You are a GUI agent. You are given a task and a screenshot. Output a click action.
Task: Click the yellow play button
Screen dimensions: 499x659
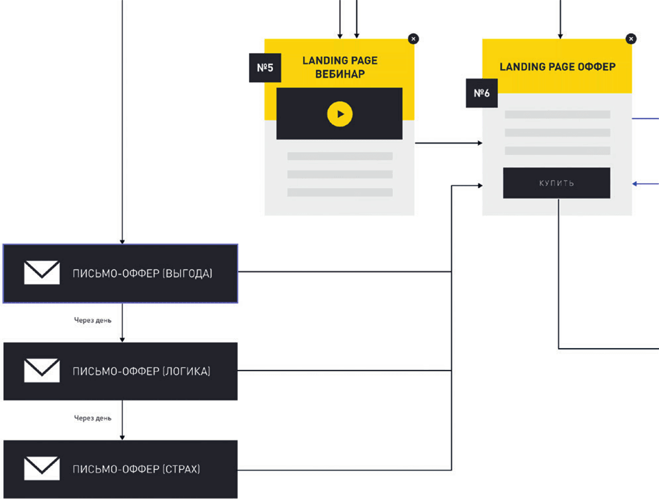click(x=340, y=114)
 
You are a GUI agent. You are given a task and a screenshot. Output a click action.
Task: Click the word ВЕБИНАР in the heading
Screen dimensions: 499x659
click(x=340, y=74)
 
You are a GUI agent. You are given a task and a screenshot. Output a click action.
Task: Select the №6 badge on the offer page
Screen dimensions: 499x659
click(x=480, y=93)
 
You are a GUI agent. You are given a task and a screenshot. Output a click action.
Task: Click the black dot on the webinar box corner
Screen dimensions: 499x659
click(x=414, y=38)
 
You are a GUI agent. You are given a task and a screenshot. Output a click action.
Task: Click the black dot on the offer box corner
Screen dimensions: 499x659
click(x=631, y=38)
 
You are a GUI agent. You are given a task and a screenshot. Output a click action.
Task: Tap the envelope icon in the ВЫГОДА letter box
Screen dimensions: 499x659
click(x=41, y=272)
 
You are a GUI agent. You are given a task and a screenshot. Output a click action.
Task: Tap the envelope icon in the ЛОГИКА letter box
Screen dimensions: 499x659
click(x=41, y=370)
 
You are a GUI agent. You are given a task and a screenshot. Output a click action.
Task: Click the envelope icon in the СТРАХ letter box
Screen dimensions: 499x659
click(x=41, y=468)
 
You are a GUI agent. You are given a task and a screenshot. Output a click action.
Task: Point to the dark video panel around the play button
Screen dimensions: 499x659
click(x=298, y=114)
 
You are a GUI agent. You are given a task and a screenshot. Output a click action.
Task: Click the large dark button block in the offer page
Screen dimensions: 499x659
click(x=556, y=183)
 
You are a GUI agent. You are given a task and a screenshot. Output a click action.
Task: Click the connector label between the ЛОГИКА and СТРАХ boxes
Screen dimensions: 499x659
click(x=93, y=418)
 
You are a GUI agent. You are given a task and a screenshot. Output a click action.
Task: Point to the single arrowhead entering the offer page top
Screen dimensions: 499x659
click(x=560, y=34)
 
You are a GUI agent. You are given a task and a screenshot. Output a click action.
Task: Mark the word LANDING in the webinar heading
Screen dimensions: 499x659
click(x=322, y=60)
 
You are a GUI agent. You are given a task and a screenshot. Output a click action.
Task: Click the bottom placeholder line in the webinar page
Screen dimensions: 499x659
click(x=340, y=193)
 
